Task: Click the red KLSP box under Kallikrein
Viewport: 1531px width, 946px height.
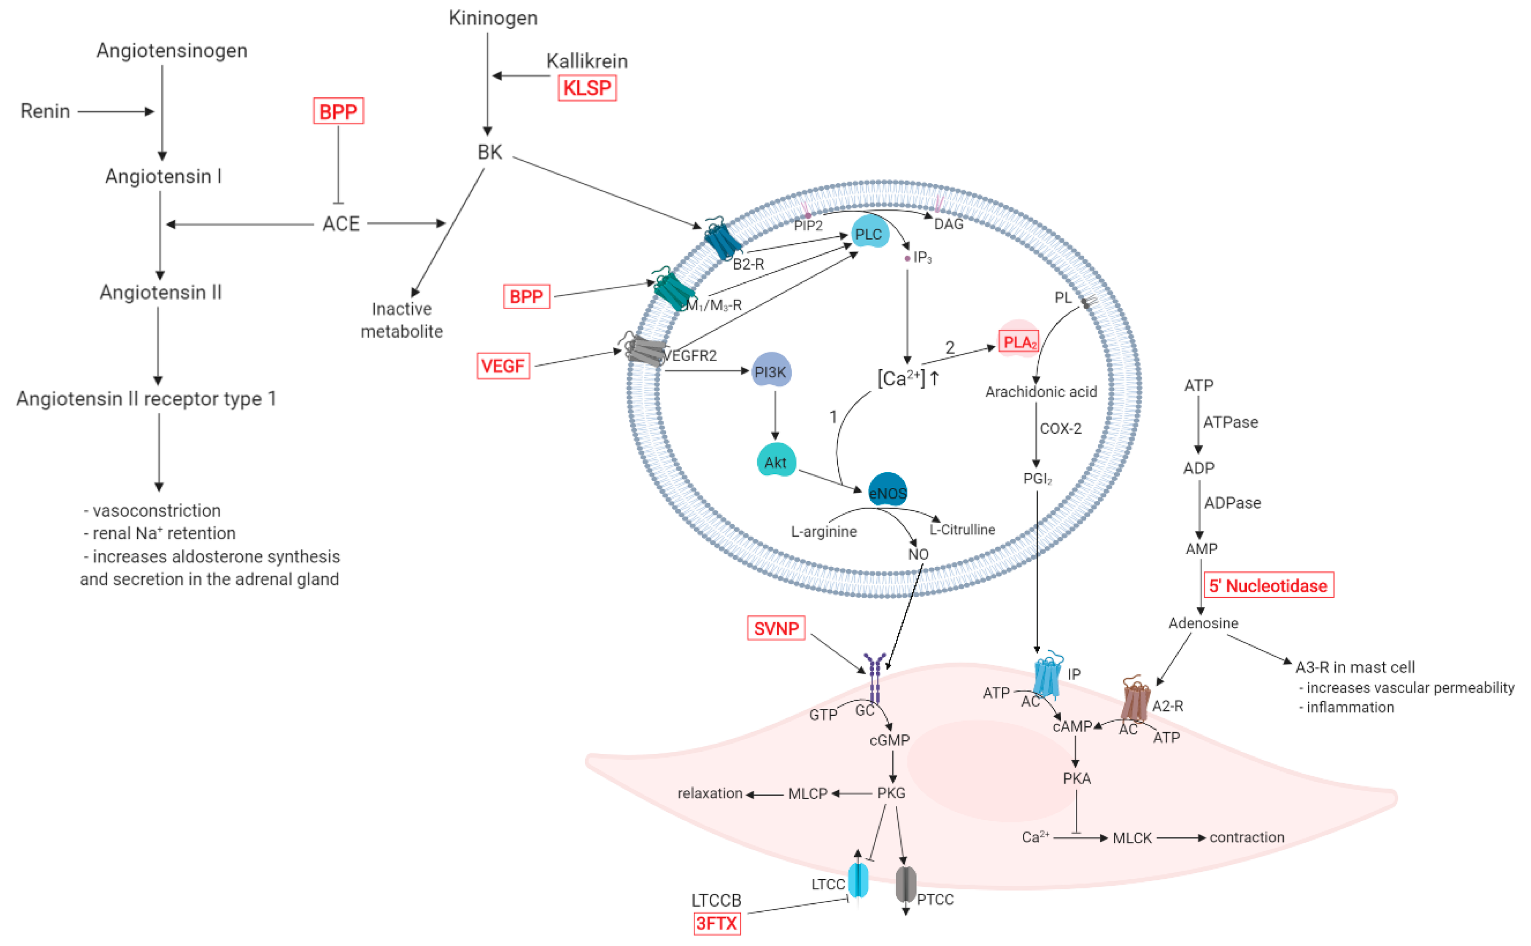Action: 587,88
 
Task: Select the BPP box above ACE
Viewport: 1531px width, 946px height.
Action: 338,111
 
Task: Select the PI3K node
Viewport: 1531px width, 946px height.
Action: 770,372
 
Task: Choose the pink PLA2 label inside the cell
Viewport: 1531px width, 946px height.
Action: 1019,342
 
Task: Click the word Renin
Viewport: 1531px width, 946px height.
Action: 45,111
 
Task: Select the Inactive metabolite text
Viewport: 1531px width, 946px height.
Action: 401,320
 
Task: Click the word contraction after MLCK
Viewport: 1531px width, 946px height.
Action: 1246,837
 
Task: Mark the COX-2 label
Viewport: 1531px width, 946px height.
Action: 1060,429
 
